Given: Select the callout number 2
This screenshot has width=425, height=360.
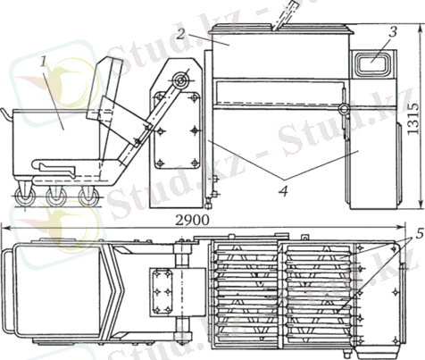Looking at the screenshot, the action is click(179, 34).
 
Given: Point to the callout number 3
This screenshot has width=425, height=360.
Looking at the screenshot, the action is click(393, 31).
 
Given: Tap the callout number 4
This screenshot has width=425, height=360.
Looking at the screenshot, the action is click(284, 191).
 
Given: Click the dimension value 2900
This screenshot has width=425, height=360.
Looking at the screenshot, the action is click(192, 220).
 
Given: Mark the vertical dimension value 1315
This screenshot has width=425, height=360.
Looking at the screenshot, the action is click(412, 118).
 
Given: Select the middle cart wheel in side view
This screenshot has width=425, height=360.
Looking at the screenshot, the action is click(56, 197).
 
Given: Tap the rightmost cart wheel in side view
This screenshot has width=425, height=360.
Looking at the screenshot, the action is click(88, 197).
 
